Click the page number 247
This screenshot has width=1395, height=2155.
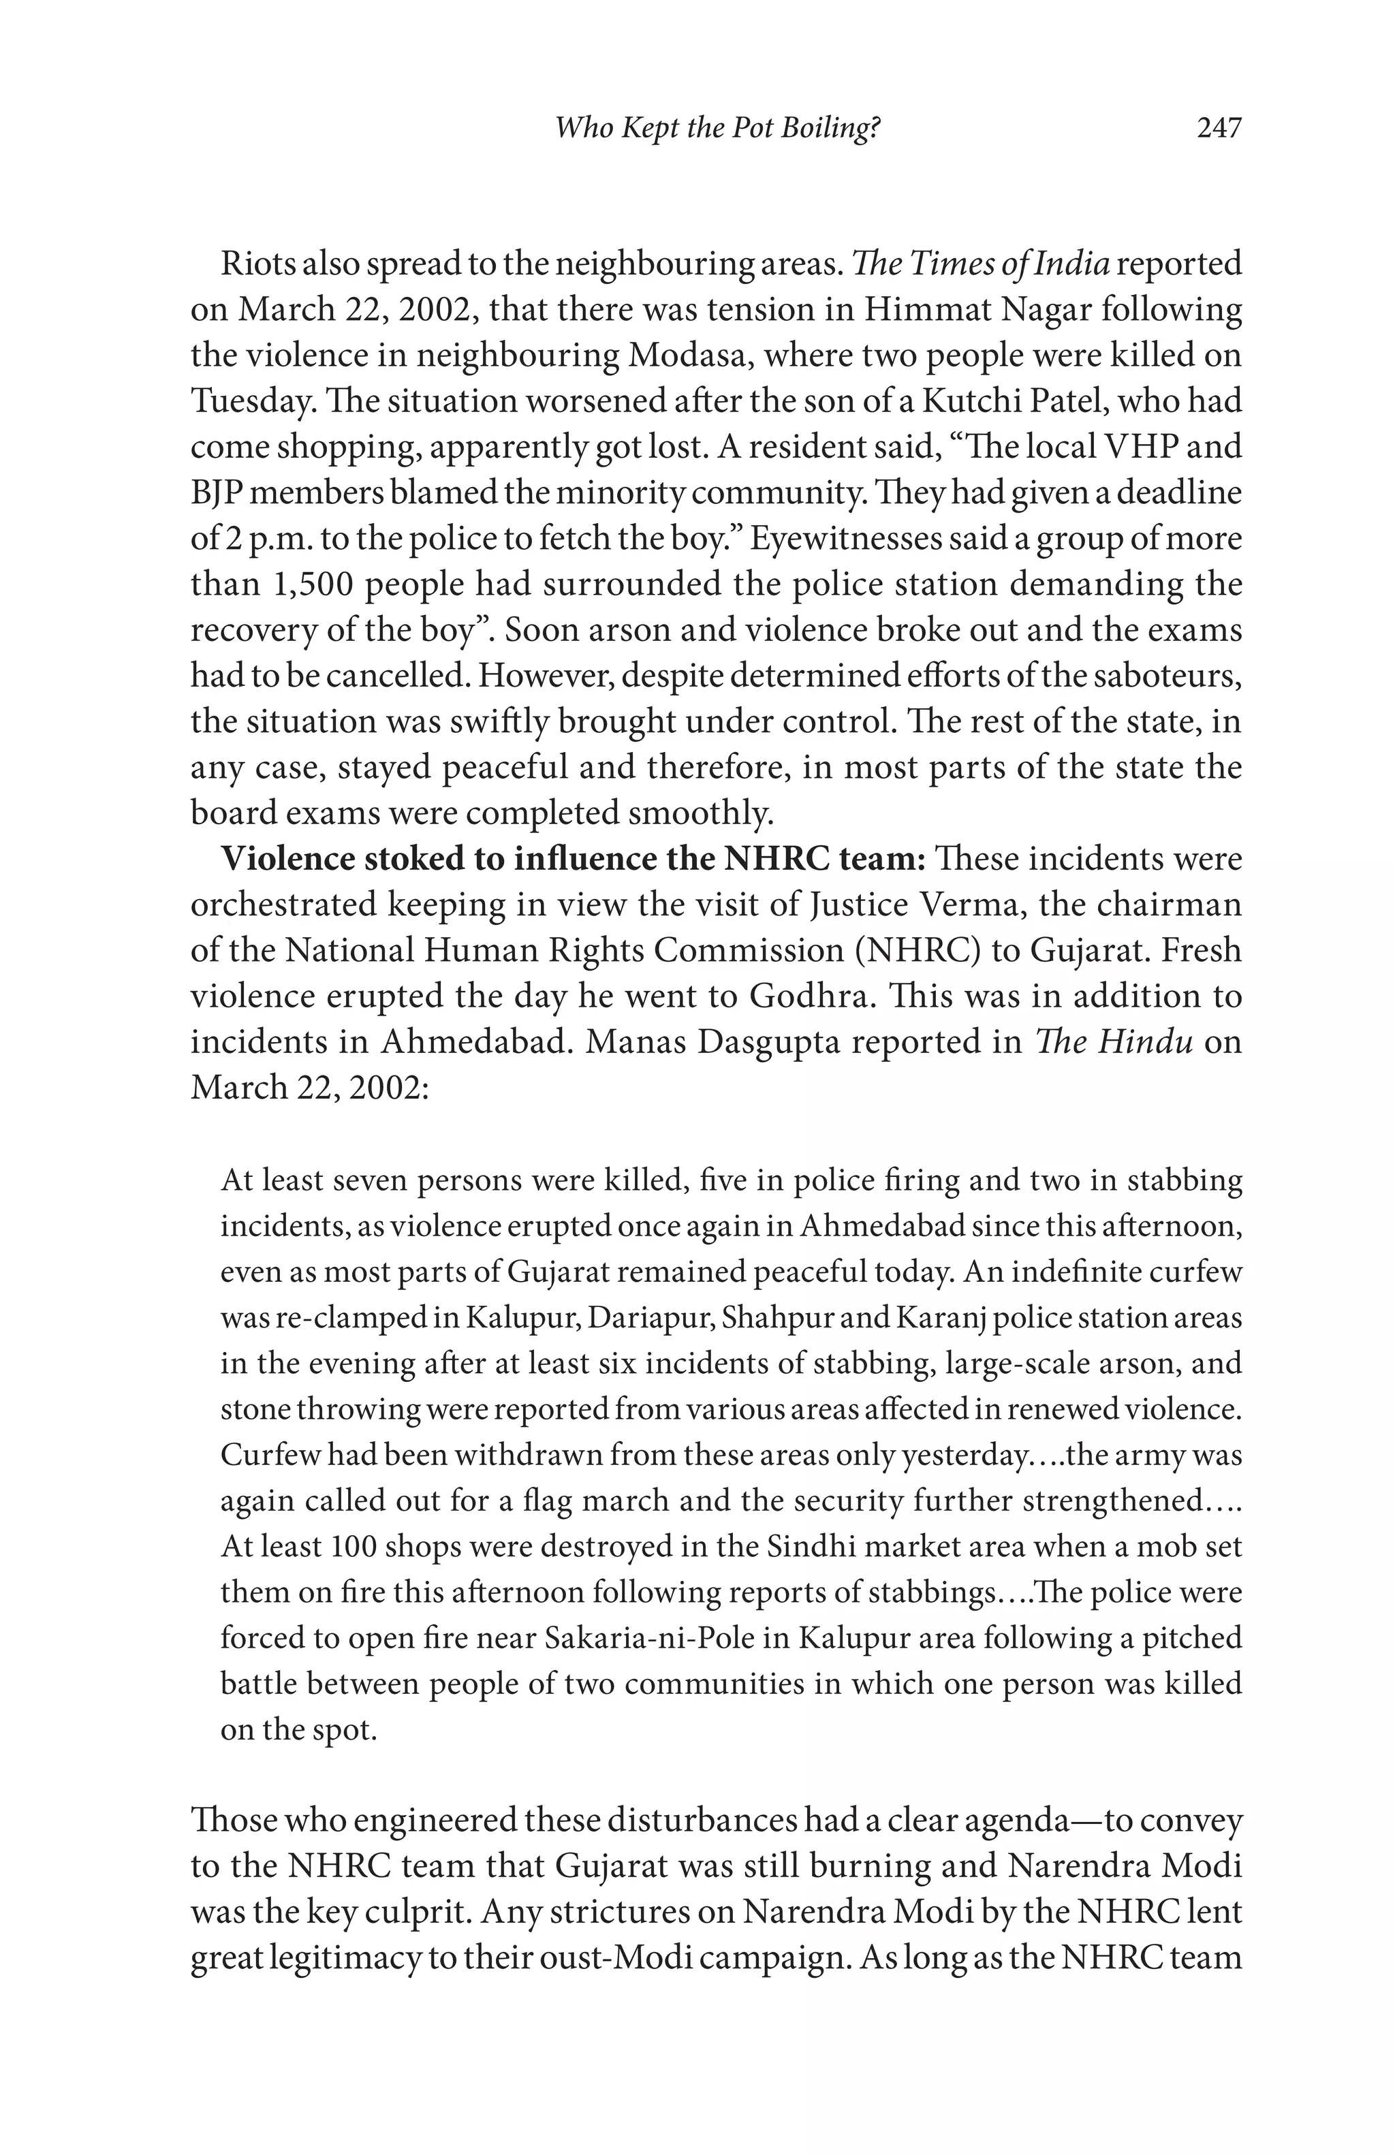click(x=1219, y=129)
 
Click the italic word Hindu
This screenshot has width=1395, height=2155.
click(x=1145, y=1042)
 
